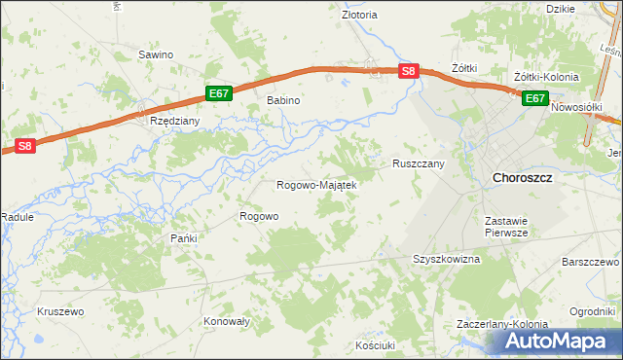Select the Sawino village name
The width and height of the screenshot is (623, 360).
(156, 54)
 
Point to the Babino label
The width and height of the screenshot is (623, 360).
(283, 100)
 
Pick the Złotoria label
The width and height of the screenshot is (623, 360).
(359, 16)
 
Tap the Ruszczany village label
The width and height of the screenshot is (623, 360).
(419, 164)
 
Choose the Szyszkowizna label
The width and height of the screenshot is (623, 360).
(447, 260)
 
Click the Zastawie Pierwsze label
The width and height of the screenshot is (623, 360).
(506, 227)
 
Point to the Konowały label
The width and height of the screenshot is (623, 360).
(228, 321)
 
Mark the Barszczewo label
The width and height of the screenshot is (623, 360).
(591, 263)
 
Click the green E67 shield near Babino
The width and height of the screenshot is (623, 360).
(219, 93)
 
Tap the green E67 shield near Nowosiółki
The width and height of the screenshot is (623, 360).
(535, 98)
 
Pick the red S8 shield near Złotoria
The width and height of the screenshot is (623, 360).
(409, 70)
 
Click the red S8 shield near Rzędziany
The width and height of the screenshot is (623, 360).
(24, 147)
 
